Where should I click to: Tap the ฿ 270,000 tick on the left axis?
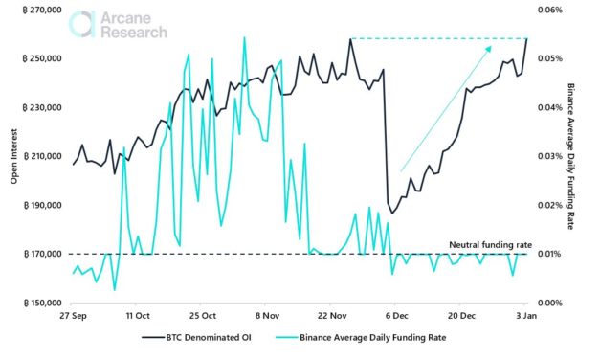37,10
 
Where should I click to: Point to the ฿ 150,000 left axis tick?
37,304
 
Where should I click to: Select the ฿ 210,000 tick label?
37,156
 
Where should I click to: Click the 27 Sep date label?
73,315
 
